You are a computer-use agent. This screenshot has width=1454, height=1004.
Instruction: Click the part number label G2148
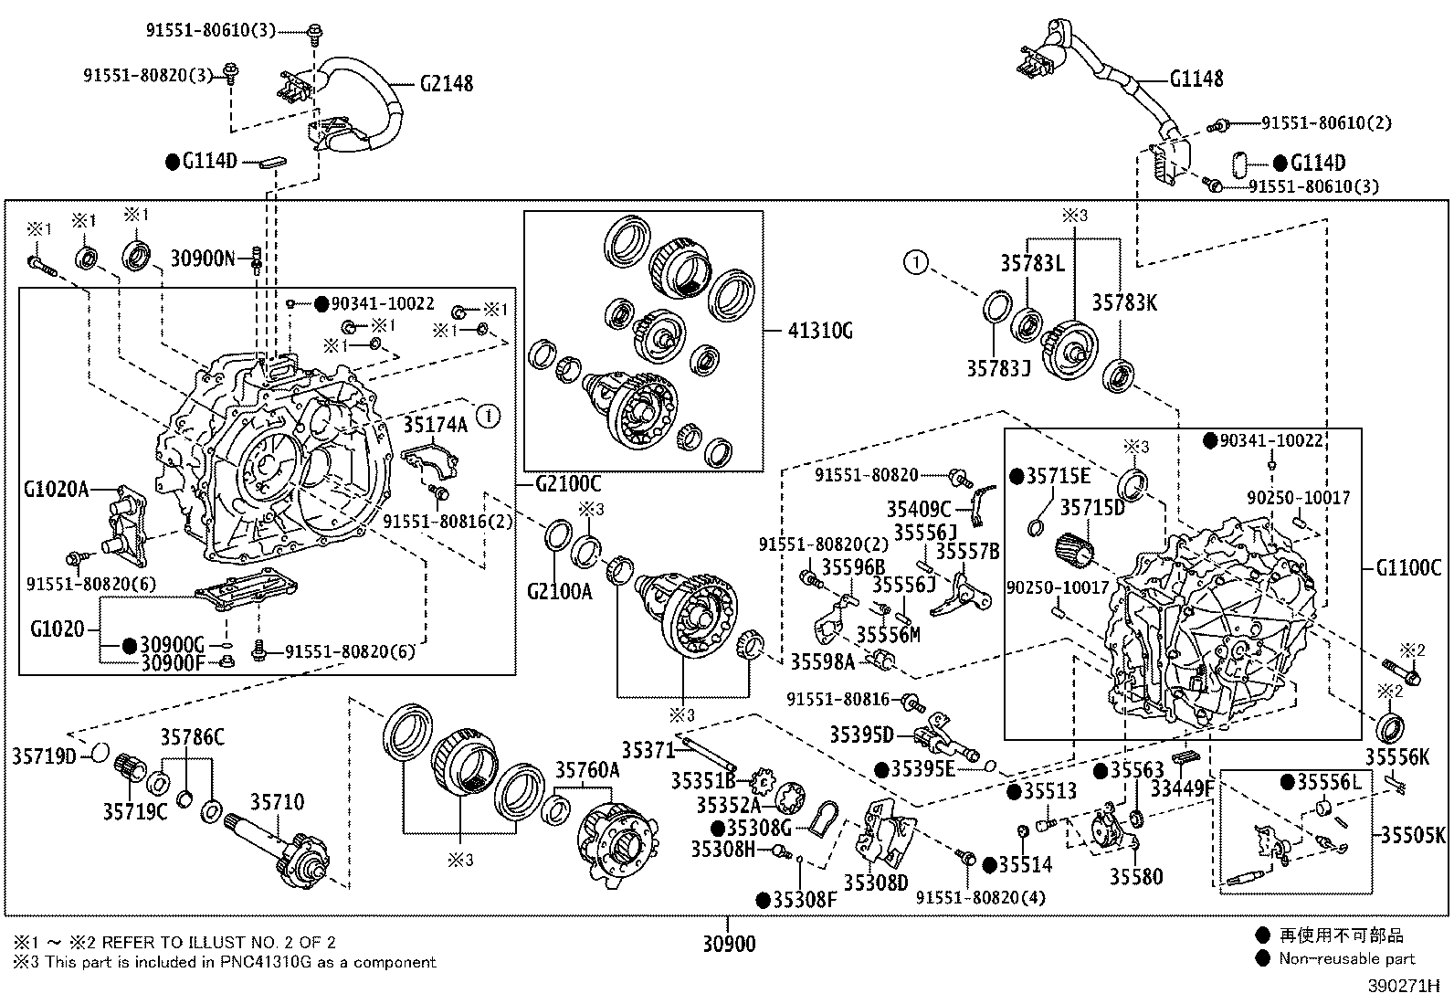447,83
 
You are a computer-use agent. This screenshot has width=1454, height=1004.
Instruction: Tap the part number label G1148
1196,79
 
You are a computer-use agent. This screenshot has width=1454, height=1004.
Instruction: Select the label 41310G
819,331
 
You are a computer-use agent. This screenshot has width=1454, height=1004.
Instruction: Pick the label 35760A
588,771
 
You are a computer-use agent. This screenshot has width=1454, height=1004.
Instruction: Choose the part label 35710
278,802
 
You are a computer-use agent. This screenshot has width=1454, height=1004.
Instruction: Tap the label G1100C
1408,568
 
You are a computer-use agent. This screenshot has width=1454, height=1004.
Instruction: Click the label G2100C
568,484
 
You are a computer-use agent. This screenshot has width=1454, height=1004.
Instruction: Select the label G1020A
57,490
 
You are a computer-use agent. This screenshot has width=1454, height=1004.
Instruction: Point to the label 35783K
1124,302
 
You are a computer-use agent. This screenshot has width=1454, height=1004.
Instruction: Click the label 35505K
1412,834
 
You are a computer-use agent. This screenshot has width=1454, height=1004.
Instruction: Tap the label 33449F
1182,787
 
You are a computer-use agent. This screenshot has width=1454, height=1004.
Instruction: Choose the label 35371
648,750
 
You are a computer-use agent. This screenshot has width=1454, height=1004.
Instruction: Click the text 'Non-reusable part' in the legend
1346,958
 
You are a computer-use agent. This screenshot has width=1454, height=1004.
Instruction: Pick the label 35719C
134,810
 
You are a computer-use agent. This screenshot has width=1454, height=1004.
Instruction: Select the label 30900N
203,259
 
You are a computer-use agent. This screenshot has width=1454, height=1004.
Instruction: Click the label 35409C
918,509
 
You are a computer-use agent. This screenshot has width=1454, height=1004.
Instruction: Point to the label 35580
1136,877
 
